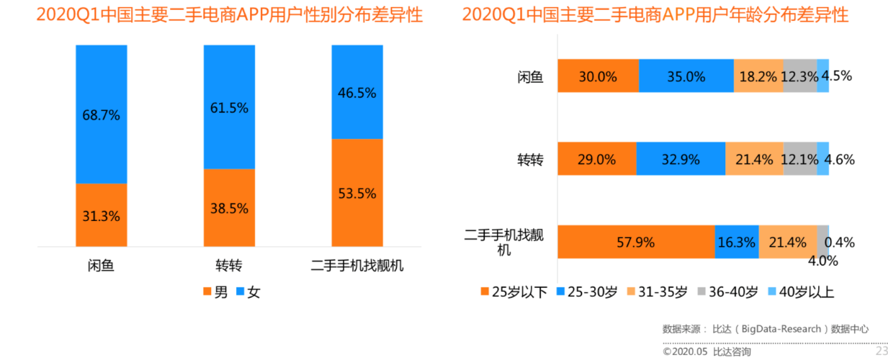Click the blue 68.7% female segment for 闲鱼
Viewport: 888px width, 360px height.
pyautogui.click(x=101, y=114)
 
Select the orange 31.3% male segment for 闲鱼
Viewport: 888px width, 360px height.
pyautogui.click(x=101, y=215)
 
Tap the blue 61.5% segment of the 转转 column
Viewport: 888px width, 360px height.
pyautogui.click(x=229, y=107)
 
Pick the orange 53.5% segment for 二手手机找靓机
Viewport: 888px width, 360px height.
pyautogui.click(x=357, y=192)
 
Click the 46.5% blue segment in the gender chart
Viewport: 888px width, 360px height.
pyautogui.click(x=357, y=91)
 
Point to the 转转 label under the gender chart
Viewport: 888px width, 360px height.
pyautogui.click(x=229, y=266)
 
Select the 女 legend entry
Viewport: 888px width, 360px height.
pyautogui.click(x=248, y=292)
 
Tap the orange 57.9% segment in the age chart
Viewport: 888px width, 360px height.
pyautogui.click(x=635, y=242)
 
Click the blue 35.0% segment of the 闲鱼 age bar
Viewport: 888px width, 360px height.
pyautogui.click(x=686, y=76)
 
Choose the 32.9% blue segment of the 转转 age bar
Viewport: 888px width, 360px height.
pyautogui.click(x=680, y=158)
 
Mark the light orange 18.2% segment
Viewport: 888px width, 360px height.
pyautogui.click(x=758, y=76)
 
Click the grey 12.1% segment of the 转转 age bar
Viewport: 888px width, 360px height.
pyautogui.click(x=799, y=158)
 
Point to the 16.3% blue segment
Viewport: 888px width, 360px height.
pyautogui.click(x=736, y=242)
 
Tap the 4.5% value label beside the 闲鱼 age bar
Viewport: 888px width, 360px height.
pyautogui.click(x=837, y=76)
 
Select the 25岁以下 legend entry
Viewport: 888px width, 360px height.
pyautogui.click(x=513, y=292)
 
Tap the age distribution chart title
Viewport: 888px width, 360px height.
pyautogui.click(x=655, y=14)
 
